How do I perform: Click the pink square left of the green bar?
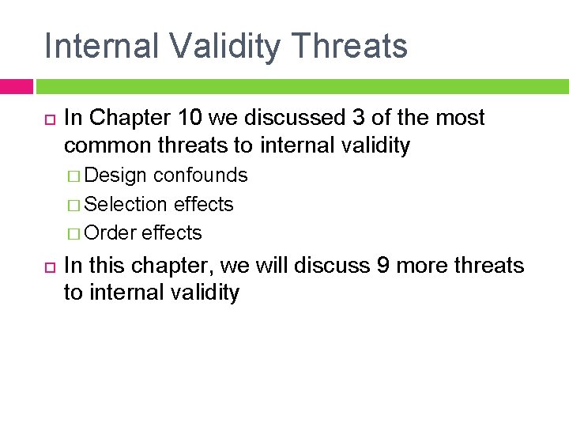pos(16,86)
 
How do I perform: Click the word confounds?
pos(201,175)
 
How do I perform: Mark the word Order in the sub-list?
pos(111,233)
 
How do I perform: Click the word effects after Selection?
pos(204,204)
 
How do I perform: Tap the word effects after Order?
pos(172,233)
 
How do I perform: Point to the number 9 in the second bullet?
pos(382,265)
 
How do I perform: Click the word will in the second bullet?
pos(274,265)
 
